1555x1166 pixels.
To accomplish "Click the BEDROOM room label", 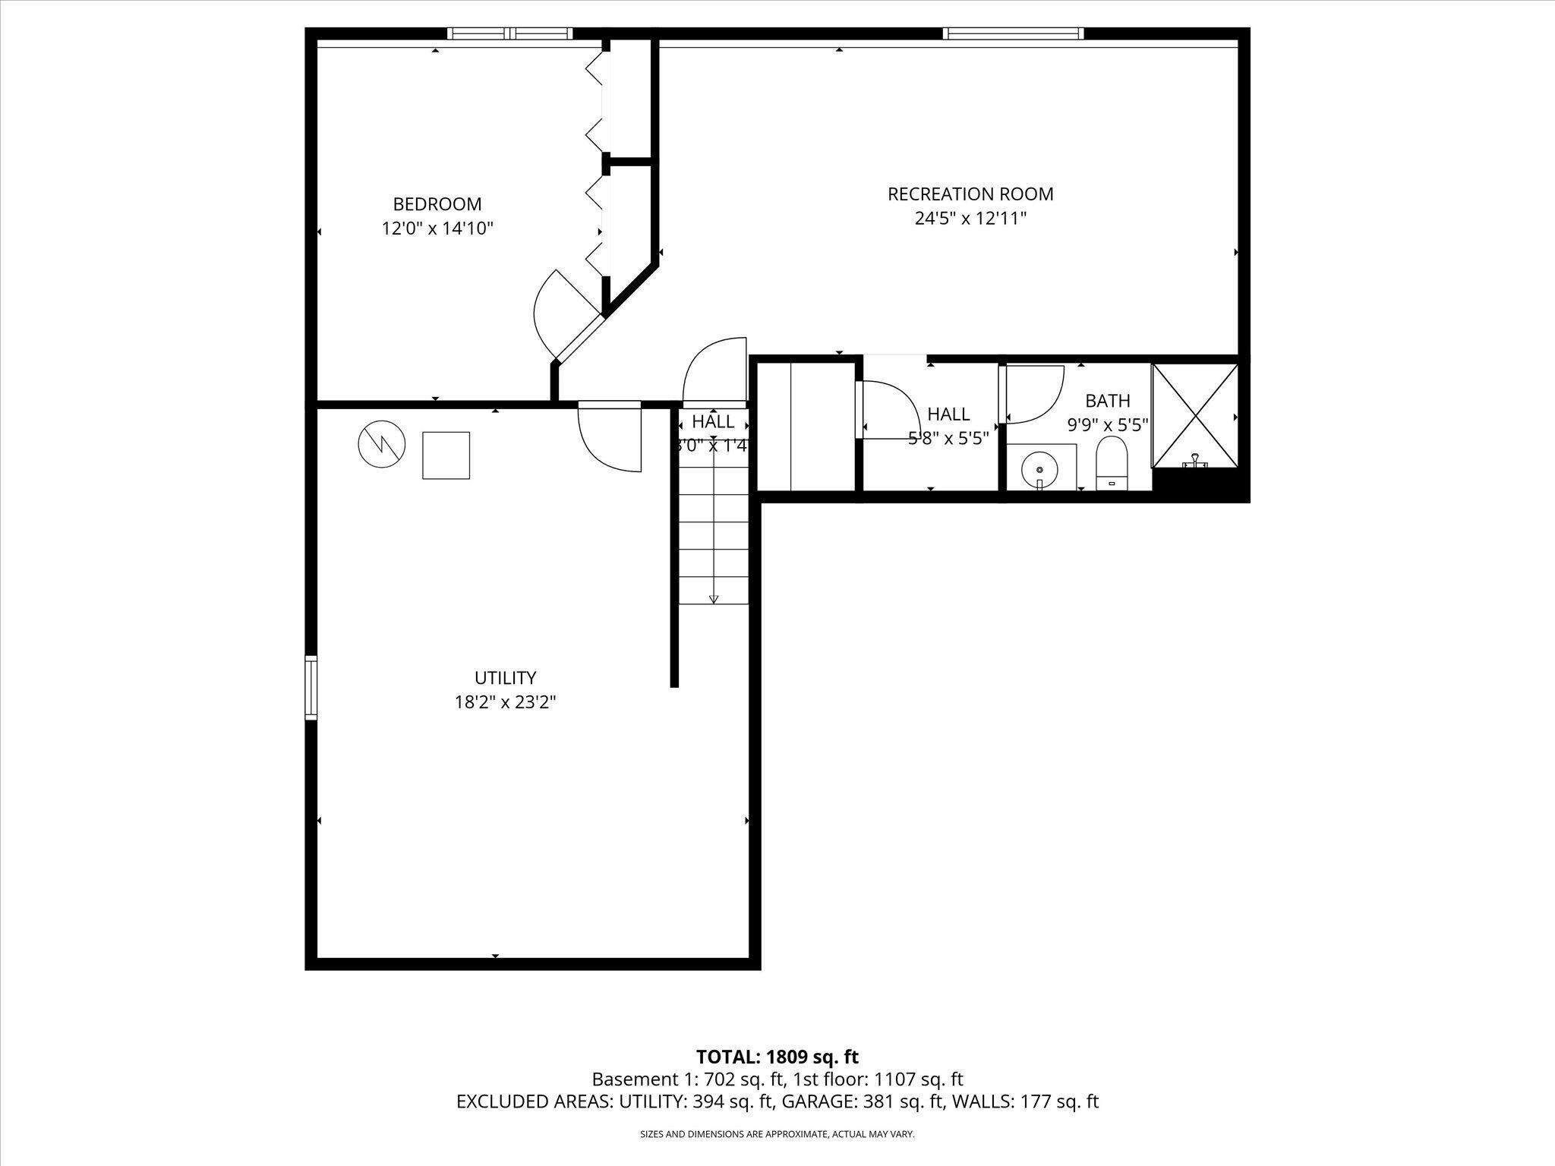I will coord(437,204).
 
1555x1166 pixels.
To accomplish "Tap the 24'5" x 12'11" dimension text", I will coord(970,219).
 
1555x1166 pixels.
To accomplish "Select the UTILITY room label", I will coord(505,678).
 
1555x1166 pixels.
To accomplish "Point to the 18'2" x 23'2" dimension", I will coord(505,702).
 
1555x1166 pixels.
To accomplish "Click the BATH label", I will coord(1107,400).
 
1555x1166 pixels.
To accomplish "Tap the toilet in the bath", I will coord(1112,462).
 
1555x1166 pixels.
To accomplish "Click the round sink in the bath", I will coord(1039,470).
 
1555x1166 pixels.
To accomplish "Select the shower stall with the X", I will coord(1196,416).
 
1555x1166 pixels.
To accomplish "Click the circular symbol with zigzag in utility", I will coord(381,444).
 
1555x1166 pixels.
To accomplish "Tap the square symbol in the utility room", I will coord(446,455).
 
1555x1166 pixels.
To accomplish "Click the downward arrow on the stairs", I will coord(714,599).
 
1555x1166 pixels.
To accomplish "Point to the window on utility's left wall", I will coord(311,688).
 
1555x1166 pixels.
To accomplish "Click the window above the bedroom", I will coord(509,33).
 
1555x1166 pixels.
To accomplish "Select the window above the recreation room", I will coord(1013,33).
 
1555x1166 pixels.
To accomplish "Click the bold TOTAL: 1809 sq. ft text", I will coord(777,1057).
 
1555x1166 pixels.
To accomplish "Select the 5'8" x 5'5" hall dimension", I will coord(948,438).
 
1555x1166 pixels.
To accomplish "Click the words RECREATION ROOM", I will coord(970,194).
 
